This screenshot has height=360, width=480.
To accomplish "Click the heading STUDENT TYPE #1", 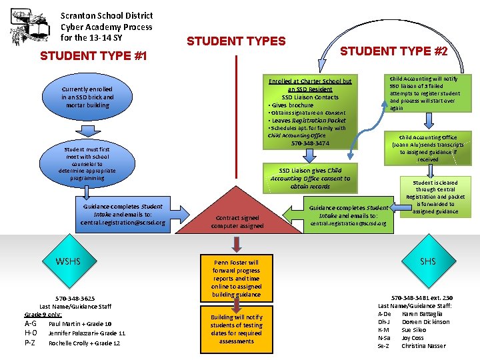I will (x=93, y=56).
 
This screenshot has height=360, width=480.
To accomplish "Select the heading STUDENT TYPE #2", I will (x=394, y=51).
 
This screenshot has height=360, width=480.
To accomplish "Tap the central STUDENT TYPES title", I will (x=236, y=41).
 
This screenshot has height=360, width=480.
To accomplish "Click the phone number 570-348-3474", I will (x=310, y=143).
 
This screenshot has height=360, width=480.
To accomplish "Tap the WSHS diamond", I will (x=68, y=261).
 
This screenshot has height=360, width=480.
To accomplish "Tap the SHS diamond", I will (x=428, y=261).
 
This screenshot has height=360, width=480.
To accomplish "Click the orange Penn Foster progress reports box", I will (x=236, y=279).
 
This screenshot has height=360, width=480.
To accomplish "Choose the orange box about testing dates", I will (x=236, y=329).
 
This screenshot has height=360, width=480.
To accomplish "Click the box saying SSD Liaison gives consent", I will (x=310, y=179).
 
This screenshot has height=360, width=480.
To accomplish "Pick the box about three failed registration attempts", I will (x=425, y=93).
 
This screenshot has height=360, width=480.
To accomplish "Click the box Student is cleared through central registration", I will (x=435, y=197).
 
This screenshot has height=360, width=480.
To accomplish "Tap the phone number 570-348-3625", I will (x=75, y=299).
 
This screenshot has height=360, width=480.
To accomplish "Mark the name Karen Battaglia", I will (x=423, y=314).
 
